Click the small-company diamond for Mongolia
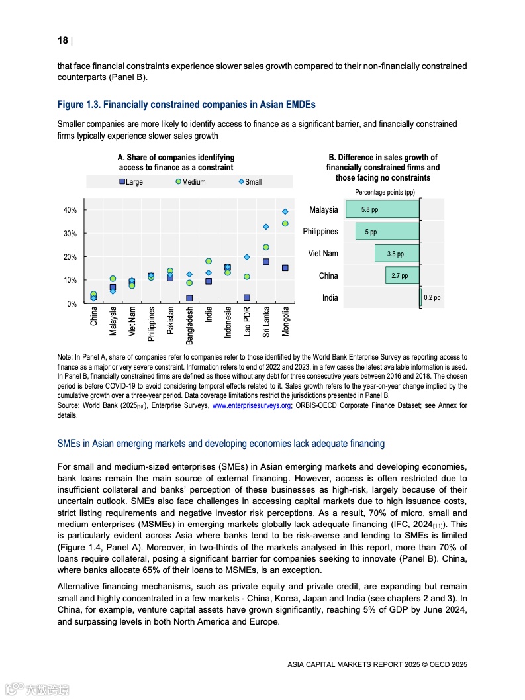point(285,211)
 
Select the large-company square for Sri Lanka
point(266,262)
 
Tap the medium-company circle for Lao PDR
point(247,277)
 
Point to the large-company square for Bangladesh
point(189,298)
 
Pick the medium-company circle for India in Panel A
point(209,262)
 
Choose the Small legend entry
point(250,182)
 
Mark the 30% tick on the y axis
point(70,234)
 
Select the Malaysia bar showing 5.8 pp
point(383,209)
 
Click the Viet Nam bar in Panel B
point(397,254)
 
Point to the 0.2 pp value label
point(432,298)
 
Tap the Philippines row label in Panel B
point(320,232)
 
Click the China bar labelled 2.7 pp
point(403,276)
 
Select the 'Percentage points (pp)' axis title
point(385,192)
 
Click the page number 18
point(63,40)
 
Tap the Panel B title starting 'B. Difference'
point(383,168)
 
